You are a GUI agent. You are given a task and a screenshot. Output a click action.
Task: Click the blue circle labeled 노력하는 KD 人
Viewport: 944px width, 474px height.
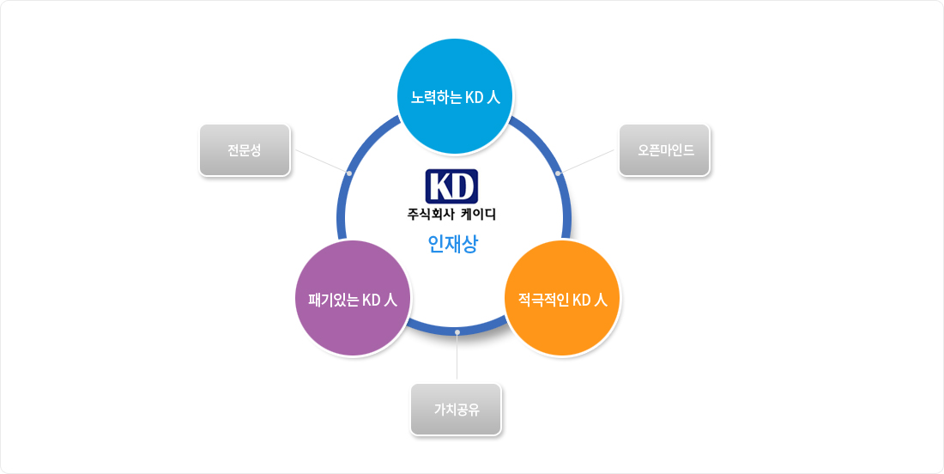coord(455,96)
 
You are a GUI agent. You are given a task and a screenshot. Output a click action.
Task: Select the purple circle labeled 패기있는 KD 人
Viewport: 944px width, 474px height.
coord(353,298)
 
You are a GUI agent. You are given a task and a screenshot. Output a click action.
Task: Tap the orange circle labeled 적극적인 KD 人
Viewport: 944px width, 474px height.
coord(562,298)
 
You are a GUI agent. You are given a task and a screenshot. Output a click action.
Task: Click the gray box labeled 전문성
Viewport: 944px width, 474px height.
coord(245,150)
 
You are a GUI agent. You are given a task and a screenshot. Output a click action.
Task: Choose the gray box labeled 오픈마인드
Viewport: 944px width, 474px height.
coord(664,150)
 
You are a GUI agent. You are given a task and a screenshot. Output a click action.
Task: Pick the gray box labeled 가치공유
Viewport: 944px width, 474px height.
coord(457,410)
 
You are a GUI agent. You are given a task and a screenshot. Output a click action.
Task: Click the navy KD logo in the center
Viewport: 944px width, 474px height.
coord(451,186)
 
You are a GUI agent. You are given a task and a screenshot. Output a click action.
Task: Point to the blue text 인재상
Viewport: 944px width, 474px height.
coord(453,243)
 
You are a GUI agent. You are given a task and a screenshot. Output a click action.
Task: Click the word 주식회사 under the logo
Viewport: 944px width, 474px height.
coord(430,214)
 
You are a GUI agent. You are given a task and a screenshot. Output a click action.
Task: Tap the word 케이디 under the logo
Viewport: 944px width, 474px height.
coord(478,214)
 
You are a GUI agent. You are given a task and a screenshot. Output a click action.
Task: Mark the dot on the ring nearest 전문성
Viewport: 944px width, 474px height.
coord(349,173)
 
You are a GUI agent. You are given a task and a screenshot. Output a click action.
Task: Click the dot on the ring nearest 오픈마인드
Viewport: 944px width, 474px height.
coord(558,173)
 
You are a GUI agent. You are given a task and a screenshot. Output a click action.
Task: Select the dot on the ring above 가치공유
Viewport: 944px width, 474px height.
coord(457,331)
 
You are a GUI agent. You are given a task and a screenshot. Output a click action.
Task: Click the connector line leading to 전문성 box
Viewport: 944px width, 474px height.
coord(322,161)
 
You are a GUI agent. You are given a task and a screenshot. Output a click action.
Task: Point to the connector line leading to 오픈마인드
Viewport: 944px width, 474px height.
coord(586,161)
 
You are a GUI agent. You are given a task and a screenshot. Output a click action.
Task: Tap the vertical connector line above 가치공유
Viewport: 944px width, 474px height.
coord(457,356)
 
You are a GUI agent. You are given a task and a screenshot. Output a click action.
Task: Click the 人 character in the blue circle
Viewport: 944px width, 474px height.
coord(493,98)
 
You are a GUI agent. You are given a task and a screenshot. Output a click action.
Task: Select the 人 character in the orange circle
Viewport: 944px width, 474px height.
coord(601,300)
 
